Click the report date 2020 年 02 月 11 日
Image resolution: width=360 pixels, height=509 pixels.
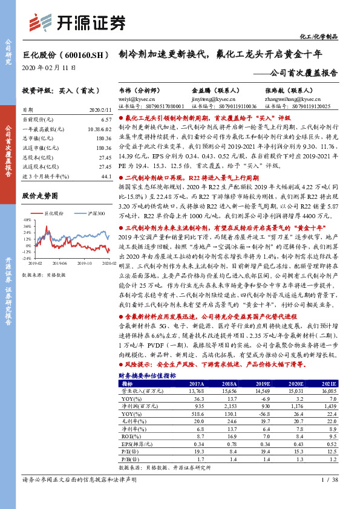50,68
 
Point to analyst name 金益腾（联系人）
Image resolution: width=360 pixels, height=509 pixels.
206,89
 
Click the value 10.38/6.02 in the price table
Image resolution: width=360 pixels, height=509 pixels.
100,129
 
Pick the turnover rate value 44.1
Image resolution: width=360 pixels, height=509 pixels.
107,176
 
